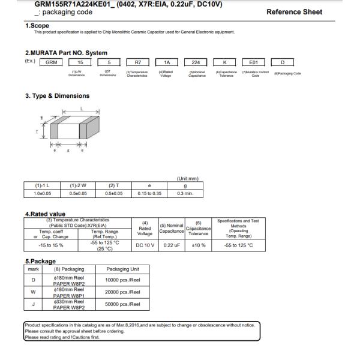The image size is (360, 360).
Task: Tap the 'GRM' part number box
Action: pos(52,62)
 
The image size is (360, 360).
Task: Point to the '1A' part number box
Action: pos(166,62)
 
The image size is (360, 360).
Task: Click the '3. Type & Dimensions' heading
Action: pos(57,96)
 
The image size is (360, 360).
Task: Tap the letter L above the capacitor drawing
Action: pos(81,109)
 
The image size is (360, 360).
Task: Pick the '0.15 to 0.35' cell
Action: pos(149,194)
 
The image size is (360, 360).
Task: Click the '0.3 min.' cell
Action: pos(185,194)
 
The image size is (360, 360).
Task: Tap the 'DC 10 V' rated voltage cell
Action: pos(145,245)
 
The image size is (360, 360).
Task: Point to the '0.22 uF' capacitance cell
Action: pos(172,245)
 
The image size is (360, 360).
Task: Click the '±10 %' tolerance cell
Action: pos(199,245)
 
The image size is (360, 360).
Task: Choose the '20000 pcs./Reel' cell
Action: pos(122,292)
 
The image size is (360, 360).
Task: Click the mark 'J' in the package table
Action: pos(34,304)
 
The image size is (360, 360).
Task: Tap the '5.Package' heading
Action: pos(40,262)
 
